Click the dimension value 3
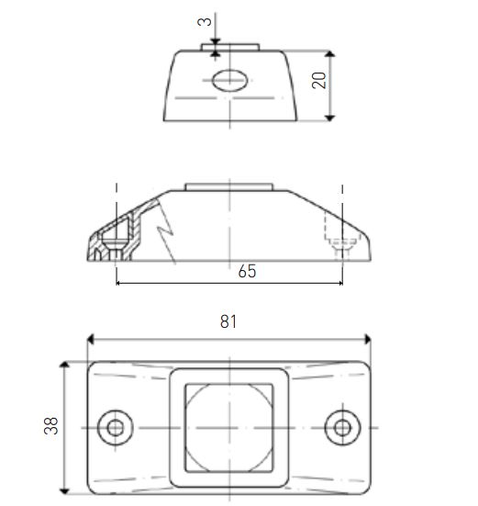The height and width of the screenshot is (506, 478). point(205,21)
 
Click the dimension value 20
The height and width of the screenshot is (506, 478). point(319,80)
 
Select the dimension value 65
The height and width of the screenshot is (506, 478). point(247,271)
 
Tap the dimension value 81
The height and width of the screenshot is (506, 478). point(228,321)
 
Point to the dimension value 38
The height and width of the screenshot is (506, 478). point(51,426)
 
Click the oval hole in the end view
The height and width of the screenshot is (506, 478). point(230,80)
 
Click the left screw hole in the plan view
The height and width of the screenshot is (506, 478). point(115,428)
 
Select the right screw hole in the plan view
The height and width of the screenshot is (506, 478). point(342,428)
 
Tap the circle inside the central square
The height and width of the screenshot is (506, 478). point(187,428)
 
